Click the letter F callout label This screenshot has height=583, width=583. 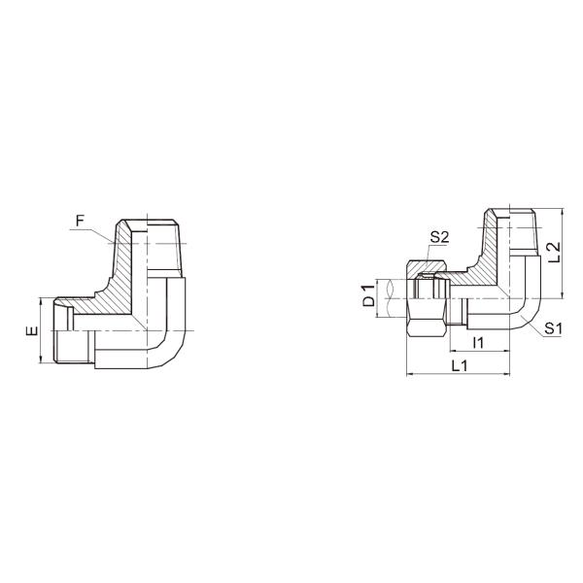(x=81, y=221)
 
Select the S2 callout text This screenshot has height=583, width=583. (x=439, y=236)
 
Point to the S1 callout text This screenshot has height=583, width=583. (x=554, y=328)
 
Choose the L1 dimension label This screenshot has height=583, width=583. (x=461, y=365)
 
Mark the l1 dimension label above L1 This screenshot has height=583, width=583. (x=477, y=343)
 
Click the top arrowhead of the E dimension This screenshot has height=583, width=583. (x=41, y=302)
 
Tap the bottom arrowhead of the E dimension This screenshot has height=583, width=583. (x=41, y=360)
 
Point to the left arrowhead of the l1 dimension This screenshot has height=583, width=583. (x=452, y=351)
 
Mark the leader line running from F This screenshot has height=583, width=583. (x=103, y=234)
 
